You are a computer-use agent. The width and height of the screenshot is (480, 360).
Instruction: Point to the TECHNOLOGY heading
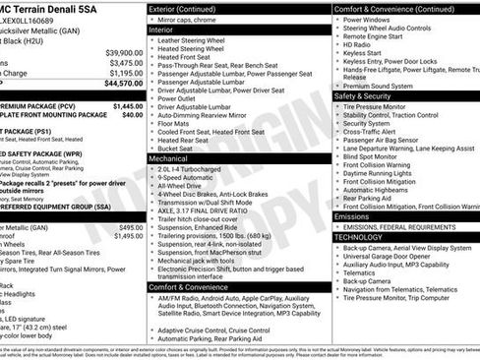coord(358,237)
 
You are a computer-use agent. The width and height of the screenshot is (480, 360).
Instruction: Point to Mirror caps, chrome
coord(192,20)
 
